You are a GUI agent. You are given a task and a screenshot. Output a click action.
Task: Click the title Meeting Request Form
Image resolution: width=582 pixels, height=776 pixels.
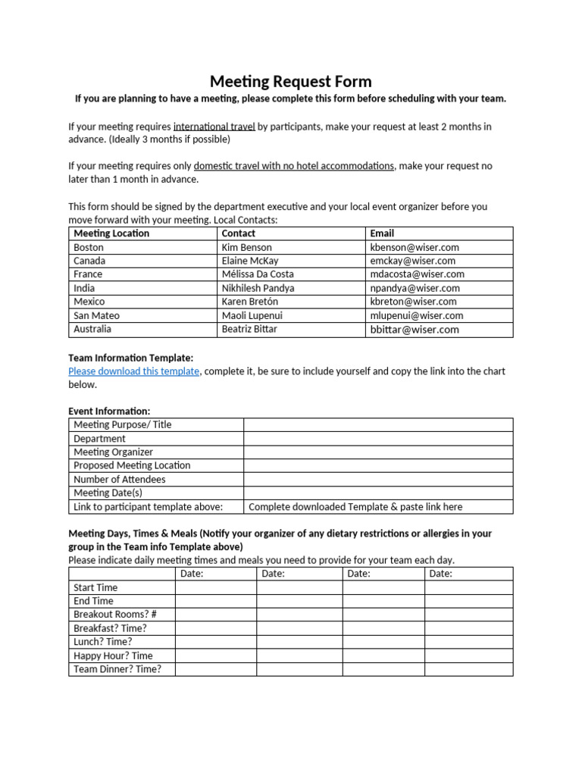coord(290,82)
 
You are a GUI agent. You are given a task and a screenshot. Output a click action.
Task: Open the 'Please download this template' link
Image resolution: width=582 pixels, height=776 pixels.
coord(133,371)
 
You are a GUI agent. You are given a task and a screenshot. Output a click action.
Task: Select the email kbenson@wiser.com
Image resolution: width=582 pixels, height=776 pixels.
coord(414,247)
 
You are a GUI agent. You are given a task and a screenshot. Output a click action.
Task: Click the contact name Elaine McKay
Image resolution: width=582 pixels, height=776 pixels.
coord(250,261)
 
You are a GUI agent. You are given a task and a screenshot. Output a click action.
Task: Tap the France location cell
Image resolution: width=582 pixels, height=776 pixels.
coord(88,274)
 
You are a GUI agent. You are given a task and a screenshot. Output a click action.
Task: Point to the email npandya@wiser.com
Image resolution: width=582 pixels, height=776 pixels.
coord(415,288)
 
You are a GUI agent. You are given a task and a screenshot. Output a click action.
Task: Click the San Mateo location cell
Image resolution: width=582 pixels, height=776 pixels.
coord(96,315)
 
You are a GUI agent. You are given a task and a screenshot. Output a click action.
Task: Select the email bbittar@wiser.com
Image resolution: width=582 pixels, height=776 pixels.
coord(415,329)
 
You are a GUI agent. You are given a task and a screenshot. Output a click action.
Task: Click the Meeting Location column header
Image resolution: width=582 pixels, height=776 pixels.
coord(111,233)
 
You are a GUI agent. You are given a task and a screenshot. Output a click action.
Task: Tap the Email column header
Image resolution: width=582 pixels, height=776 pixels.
coord(382,233)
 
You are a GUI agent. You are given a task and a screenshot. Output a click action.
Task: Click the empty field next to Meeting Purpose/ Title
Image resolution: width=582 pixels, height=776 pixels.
coord(377,424)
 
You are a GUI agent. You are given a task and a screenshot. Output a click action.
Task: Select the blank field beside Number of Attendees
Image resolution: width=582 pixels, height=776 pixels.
coord(377,479)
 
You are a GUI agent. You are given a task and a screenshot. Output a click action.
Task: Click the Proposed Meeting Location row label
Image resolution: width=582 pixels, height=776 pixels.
coord(132,465)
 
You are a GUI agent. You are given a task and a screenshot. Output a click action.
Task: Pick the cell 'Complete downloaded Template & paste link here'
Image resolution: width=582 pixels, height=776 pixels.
coord(355,506)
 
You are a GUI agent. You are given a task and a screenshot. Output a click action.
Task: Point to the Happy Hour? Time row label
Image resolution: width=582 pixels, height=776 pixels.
coord(113,656)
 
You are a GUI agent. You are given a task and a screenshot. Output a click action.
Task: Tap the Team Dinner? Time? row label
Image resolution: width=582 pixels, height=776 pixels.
coord(117,669)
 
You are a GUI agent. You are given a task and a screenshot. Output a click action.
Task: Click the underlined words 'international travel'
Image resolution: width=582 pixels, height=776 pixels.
coord(214,127)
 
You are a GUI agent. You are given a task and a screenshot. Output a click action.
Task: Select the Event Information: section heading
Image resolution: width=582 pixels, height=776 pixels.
coord(109,411)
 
